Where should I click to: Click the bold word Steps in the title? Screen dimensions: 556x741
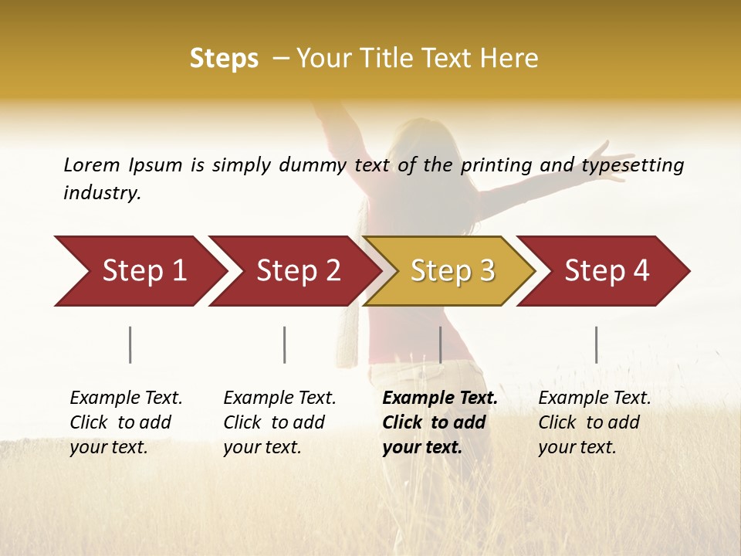(224, 59)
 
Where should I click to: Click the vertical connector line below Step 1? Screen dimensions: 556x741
(130, 344)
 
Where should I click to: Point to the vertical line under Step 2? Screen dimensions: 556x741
(285, 344)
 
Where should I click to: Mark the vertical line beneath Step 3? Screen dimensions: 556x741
(440, 344)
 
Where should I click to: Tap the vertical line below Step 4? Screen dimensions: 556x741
(596, 344)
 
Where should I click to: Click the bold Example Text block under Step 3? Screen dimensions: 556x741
(439, 422)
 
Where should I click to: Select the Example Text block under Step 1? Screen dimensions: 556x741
(126, 422)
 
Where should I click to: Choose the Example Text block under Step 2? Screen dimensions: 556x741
(279, 422)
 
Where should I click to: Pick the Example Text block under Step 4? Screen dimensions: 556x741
(594, 422)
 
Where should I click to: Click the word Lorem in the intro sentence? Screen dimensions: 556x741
(92, 165)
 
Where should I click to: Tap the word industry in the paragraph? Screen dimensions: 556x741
(102, 193)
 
